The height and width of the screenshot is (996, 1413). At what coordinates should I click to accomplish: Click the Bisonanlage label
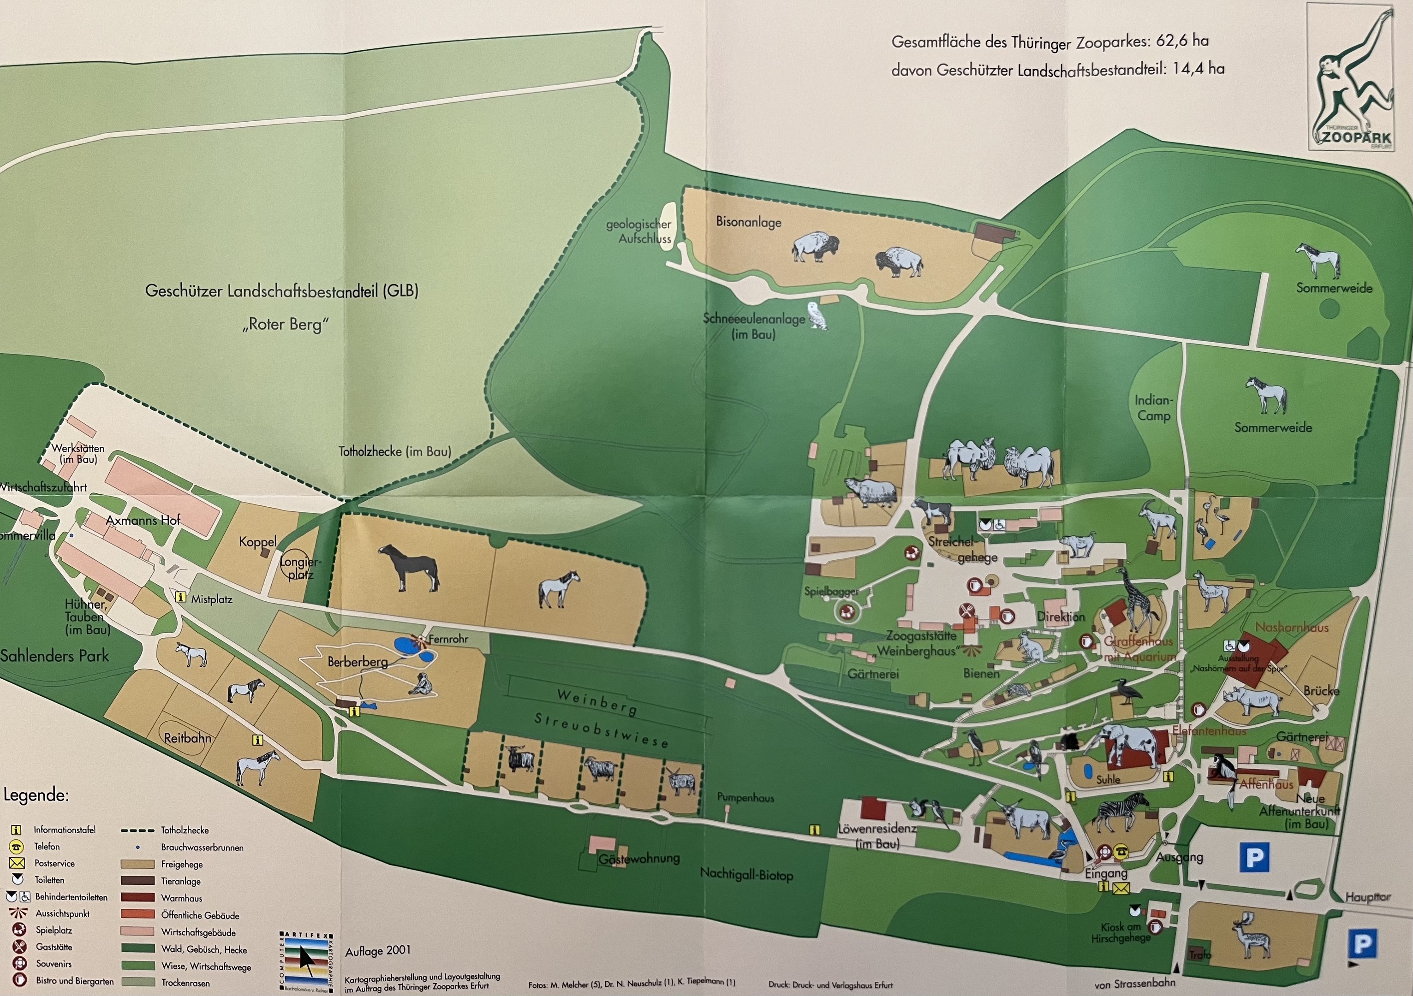[x=748, y=222]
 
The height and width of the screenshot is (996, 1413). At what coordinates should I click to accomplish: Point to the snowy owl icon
[x=817, y=315]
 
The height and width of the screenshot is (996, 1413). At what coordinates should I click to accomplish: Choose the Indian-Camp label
[x=1153, y=408]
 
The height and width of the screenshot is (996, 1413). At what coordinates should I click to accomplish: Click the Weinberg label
[x=596, y=701]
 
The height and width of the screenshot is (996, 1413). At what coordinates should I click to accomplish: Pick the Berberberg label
[x=357, y=662]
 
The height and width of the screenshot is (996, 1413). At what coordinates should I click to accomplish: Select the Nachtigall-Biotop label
[x=746, y=874]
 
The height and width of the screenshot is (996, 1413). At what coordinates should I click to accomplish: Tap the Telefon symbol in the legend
[x=17, y=847]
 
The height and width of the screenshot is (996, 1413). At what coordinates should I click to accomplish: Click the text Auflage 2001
[x=377, y=951]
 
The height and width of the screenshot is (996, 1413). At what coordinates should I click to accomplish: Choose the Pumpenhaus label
[x=745, y=798]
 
